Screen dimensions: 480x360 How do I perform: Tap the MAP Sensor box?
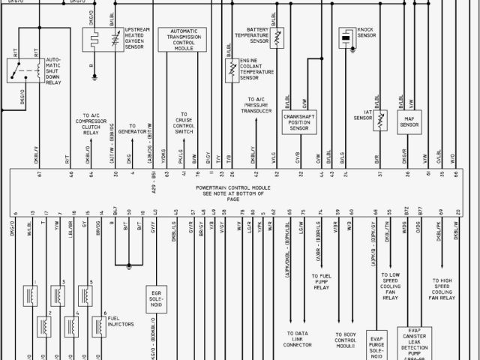tap(409, 121)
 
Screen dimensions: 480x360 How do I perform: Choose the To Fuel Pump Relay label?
tap(320, 281)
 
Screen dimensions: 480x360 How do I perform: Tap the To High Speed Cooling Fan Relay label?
tap(437, 289)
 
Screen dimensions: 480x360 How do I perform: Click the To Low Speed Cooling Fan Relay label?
tap(390, 286)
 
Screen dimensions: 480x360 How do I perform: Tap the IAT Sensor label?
tap(363, 116)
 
